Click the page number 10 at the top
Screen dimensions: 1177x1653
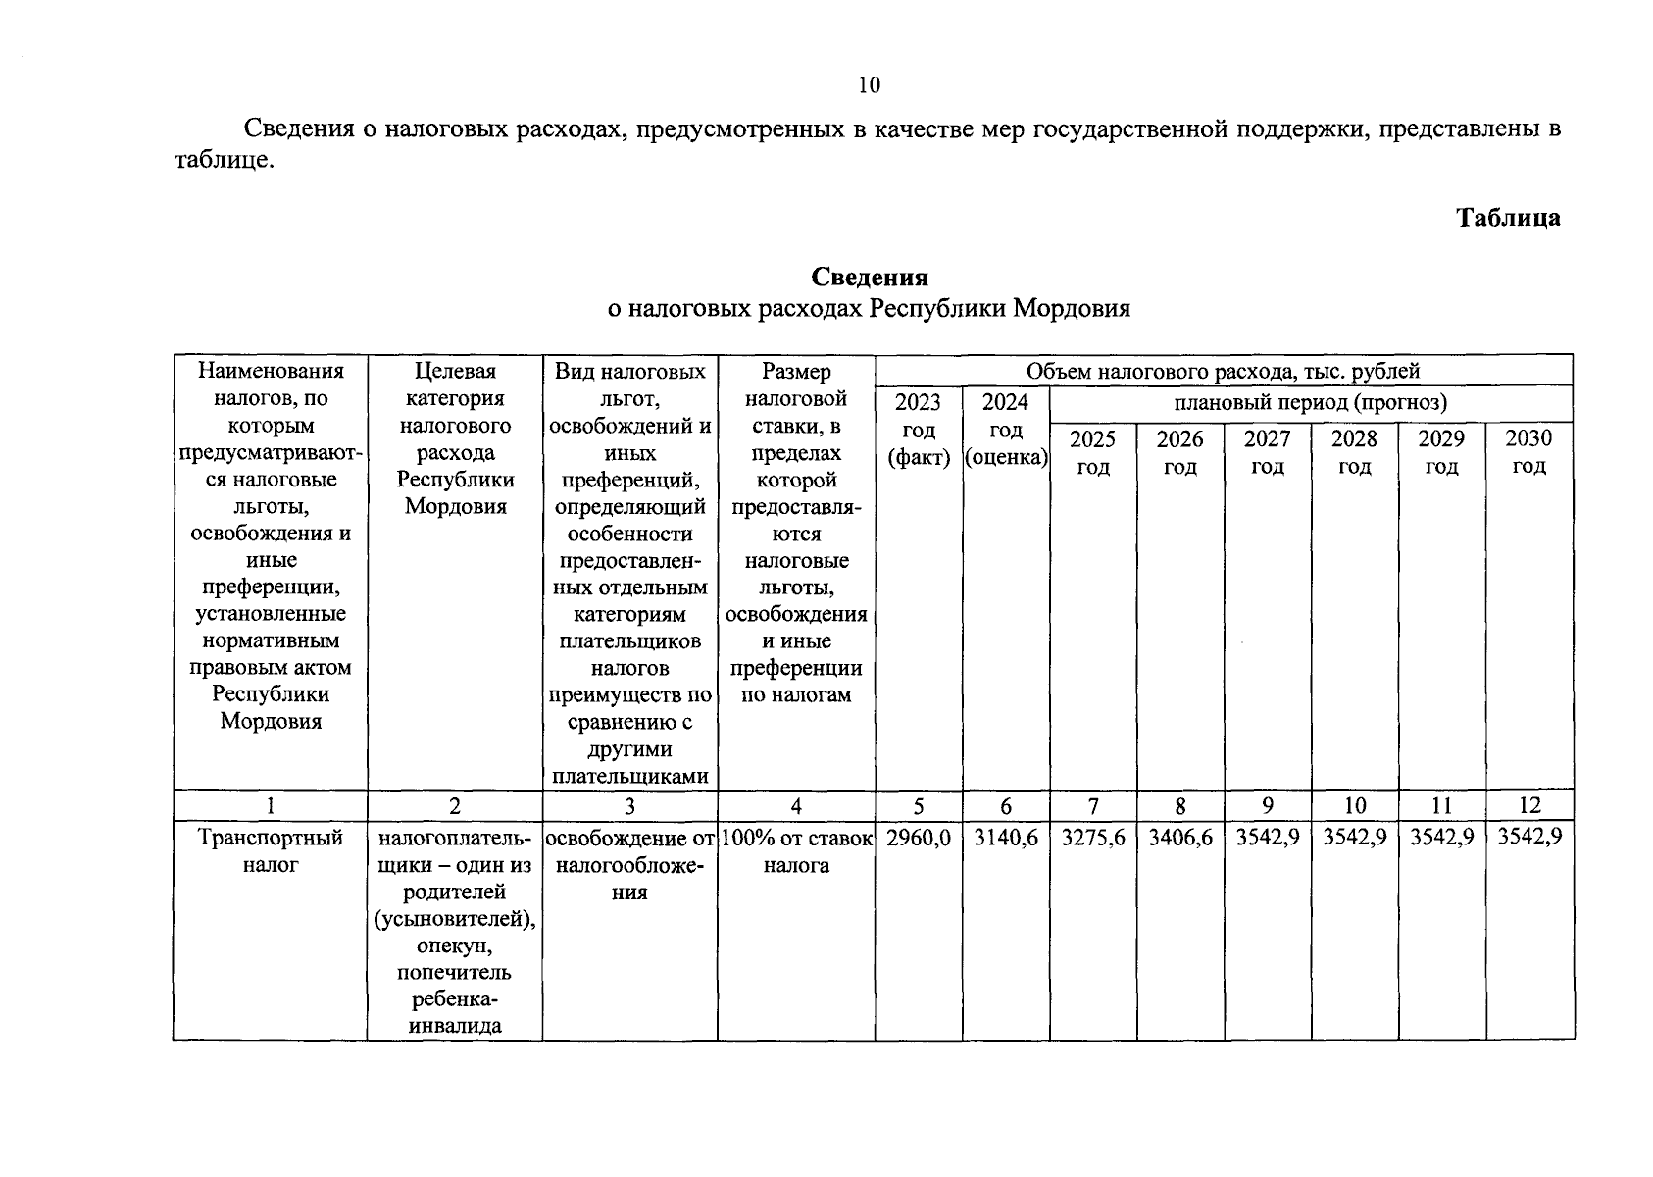point(869,85)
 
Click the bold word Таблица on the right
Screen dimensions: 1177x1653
point(1508,218)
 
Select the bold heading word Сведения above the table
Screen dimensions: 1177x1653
point(869,279)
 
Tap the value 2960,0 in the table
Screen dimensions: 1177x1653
point(919,838)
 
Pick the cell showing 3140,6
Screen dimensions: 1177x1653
point(1006,838)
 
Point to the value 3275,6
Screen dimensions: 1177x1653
point(1093,838)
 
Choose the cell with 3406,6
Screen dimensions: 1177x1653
point(1180,838)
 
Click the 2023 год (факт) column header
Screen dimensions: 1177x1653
point(919,430)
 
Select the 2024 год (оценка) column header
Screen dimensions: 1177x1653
point(1006,430)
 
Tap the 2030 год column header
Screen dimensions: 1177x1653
point(1528,452)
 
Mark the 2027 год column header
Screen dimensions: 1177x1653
point(1268,452)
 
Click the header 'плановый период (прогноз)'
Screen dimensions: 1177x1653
point(1310,402)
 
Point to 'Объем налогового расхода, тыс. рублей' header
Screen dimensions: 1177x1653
point(1223,371)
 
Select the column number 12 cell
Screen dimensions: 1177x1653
point(1529,805)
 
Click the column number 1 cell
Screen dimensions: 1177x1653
point(271,805)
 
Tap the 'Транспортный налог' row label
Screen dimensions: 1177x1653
point(271,851)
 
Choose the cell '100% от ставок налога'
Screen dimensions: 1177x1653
point(796,851)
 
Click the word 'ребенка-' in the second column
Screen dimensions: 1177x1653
point(455,999)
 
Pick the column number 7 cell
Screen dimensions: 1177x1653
point(1093,805)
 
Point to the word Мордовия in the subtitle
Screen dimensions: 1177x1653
point(1071,309)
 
